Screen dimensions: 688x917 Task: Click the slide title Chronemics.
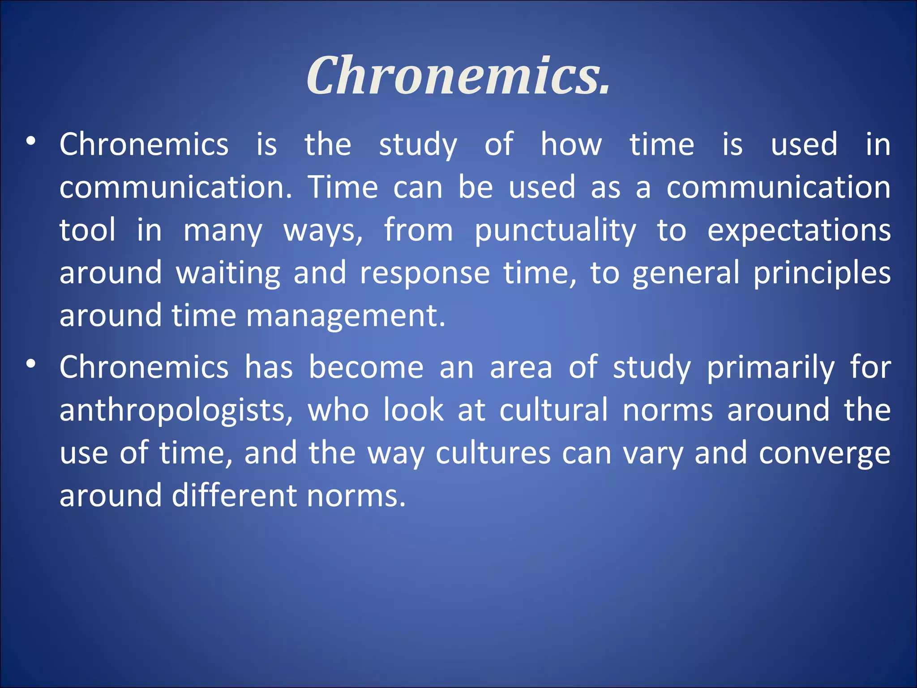tap(458, 75)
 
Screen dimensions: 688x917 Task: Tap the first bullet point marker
tap(30, 141)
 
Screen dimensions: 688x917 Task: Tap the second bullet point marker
tap(30, 364)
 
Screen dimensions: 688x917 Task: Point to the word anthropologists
tap(176, 410)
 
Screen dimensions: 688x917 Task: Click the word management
tap(345, 315)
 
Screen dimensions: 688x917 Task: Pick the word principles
tap(822, 274)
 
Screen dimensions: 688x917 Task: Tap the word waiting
tap(228, 274)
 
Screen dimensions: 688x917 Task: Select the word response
tap(425, 274)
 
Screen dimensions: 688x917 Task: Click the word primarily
tap(771, 367)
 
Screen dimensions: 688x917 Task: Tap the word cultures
tap(493, 453)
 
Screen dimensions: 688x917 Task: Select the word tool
tap(87, 230)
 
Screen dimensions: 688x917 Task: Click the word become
tap(366, 367)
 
